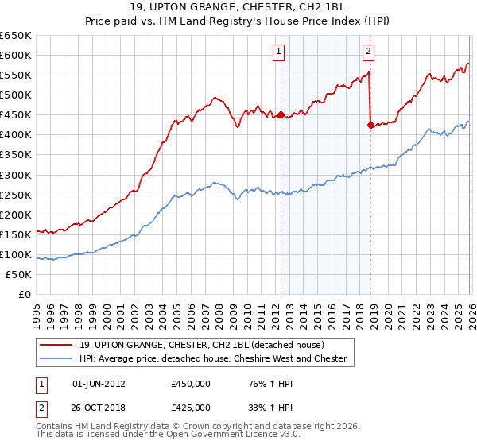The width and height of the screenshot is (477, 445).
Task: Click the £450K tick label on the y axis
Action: [16, 114]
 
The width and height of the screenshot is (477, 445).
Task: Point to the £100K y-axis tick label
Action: [16, 254]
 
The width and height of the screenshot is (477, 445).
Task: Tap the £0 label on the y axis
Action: [25, 294]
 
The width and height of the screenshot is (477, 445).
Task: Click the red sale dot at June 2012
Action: [281, 114]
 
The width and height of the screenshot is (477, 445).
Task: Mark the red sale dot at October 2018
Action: [370, 125]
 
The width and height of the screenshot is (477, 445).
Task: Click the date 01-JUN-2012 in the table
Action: [98, 383]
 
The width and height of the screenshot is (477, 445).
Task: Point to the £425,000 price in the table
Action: [191, 408]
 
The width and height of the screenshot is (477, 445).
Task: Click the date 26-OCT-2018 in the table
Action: [99, 408]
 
